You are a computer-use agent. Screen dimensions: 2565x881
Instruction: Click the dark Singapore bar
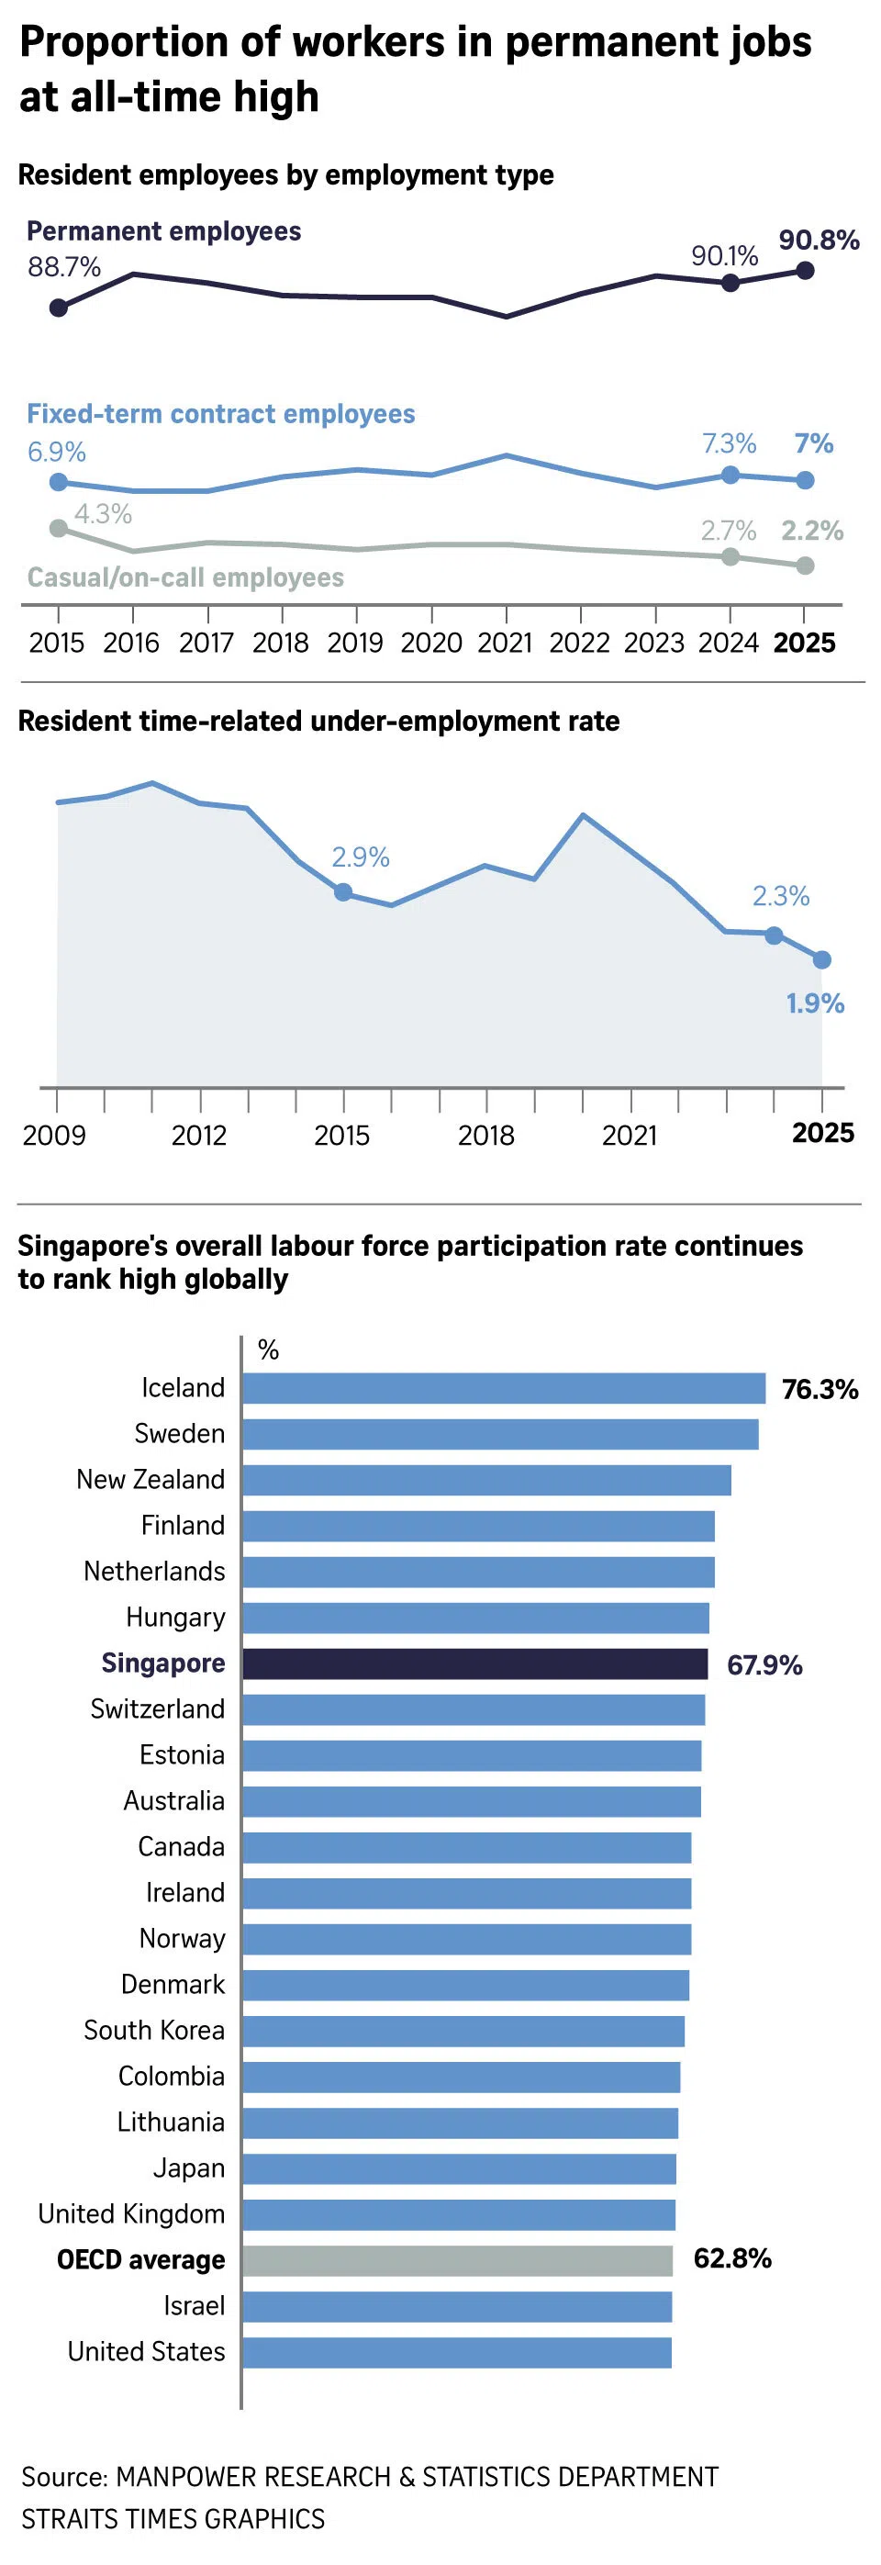click(x=474, y=1663)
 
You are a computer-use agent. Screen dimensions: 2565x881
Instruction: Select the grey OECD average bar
click(x=457, y=2260)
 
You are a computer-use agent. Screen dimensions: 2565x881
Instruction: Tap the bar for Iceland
click(x=504, y=1388)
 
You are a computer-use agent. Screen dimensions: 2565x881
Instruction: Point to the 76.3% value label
click(x=820, y=1389)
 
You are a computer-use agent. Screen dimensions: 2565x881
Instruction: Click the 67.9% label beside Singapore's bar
click(x=764, y=1664)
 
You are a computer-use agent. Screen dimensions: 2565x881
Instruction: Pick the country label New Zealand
click(x=151, y=1480)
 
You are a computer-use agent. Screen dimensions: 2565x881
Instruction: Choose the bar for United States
click(x=457, y=2352)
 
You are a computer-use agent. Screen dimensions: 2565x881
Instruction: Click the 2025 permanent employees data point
click(x=807, y=270)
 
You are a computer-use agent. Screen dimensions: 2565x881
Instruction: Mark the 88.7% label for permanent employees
click(x=63, y=267)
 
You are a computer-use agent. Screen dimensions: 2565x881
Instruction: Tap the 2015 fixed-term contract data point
click(x=59, y=482)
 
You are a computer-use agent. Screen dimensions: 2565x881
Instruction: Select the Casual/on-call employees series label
click(x=185, y=577)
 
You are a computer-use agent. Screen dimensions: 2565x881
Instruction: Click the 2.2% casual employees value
click(x=811, y=531)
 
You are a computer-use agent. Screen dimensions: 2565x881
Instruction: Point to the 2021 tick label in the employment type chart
click(x=505, y=643)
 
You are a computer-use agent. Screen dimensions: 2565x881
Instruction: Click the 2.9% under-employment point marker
click(x=343, y=892)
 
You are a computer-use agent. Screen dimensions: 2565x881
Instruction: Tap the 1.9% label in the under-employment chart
click(x=814, y=1002)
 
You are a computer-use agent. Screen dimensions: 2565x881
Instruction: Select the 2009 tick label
click(x=55, y=1135)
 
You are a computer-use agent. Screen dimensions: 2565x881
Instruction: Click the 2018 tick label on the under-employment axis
click(x=485, y=1135)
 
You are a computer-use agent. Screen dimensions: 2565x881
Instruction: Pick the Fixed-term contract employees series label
click(x=221, y=414)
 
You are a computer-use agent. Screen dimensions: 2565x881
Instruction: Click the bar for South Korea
click(x=463, y=2032)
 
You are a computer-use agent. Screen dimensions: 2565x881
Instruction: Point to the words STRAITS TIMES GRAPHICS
click(x=173, y=2518)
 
